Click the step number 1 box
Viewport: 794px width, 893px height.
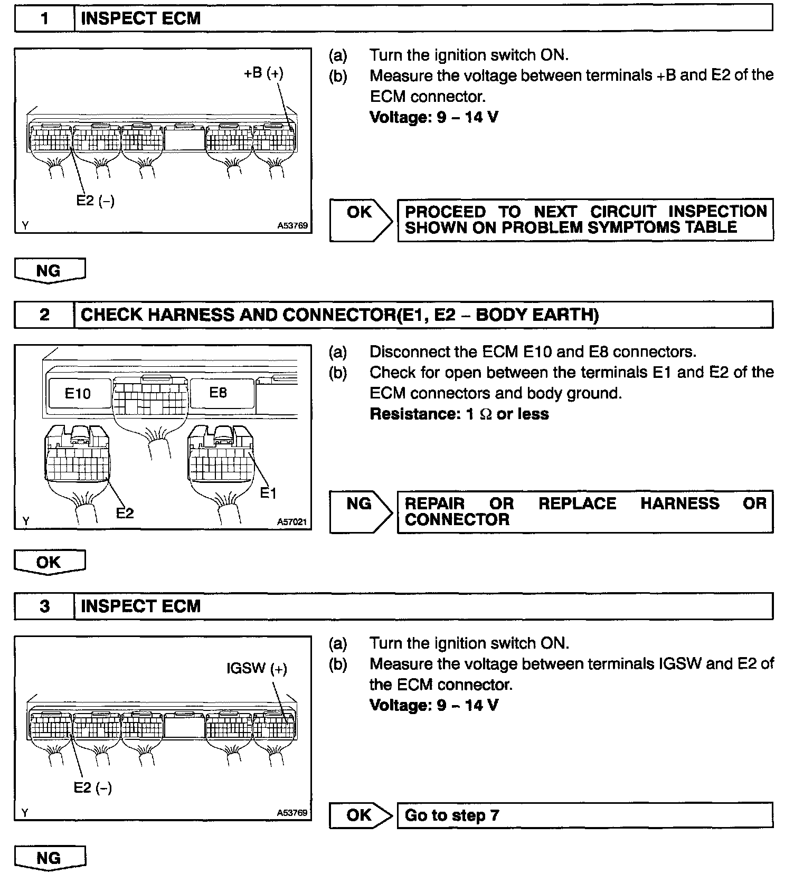pyautogui.click(x=44, y=19)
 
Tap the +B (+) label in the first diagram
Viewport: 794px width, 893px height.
pyautogui.click(x=263, y=73)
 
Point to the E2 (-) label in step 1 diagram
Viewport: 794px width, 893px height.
pyautogui.click(x=95, y=201)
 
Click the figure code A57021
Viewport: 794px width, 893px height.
pyautogui.click(x=292, y=522)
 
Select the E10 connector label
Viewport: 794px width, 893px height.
pyautogui.click(x=78, y=393)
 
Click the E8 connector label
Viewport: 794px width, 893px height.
pyautogui.click(x=218, y=393)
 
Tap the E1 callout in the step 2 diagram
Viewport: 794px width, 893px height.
pyautogui.click(x=268, y=493)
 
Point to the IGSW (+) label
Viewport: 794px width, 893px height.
pyautogui.click(x=257, y=669)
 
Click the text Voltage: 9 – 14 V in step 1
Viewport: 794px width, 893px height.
pyautogui.click(x=433, y=117)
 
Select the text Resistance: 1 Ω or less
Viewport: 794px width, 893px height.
pyautogui.click(x=459, y=414)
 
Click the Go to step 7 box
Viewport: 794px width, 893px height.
pyautogui.click(x=584, y=815)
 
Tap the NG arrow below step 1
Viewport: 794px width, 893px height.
pyautogui.click(x=49, y=271)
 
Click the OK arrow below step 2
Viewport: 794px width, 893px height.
pyautogui.click(x=49, y=562)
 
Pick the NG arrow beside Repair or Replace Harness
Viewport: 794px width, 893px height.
pyautogui.click(x=360, y=511)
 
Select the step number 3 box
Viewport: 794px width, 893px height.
pyautogui.click(x=44, y=606)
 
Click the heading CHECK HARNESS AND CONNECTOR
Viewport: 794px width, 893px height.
pyautogui.click(x=339, y=315)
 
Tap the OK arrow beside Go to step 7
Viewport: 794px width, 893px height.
pyautogui.click(x=360, y=815)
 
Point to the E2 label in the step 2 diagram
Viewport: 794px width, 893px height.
pyautogui.click(x=125, y=512)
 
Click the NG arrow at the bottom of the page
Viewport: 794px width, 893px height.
pyautogui.click(x=49, y=859)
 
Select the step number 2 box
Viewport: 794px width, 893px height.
pyautogui.click(x=44, y=315)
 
